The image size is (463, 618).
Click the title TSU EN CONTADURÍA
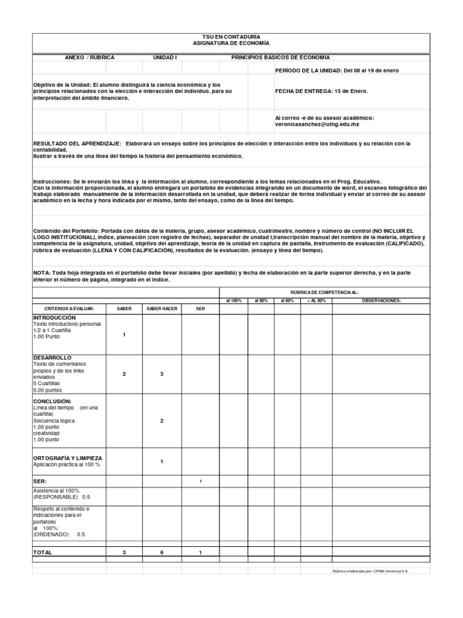tap(231, 37)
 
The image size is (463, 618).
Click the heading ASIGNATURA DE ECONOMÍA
tap(231, 44)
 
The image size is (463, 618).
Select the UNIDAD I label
tap(165, 58)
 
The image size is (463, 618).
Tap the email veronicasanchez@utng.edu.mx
tap(313, 124)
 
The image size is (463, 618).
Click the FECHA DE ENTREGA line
tap(321, 91)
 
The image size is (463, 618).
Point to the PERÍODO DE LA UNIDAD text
tap(336, 71)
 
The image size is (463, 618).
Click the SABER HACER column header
tap(162, 308)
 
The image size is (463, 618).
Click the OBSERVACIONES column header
tap(381, 300)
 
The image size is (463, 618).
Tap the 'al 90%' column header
tap(261, 300)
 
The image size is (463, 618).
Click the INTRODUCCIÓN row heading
tap(54, 317)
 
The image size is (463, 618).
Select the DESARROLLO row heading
tap(52, 358)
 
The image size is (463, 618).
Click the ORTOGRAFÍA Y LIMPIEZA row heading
tap(67, 458)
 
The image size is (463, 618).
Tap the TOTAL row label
tap(43, 552)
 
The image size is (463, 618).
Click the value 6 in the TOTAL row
tap(162, 552)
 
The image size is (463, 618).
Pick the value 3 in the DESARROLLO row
tap(162, 374)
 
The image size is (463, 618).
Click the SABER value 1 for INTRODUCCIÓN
tap(124, 334)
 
